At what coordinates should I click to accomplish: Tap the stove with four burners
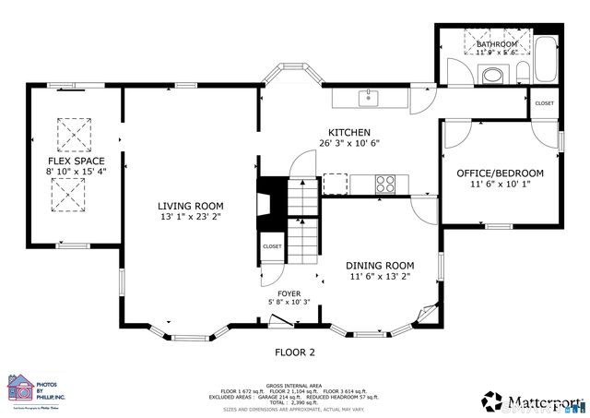[x=386, y=184]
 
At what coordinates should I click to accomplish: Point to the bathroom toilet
[x=523, y=74]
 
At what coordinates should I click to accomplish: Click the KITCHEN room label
[x=349, y=132]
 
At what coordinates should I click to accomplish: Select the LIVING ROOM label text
[x=190, y=206]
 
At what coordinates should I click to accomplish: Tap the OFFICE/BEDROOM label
[x=501, y=173]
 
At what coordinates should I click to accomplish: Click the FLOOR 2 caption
[x=295, y=352]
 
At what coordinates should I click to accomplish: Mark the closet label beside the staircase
[x=272, y=246]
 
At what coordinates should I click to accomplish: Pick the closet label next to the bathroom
[x=544, y=103]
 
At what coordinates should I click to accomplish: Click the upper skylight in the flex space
[x=70, y=135]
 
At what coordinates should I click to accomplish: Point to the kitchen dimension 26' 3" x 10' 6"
[x=349, y=143]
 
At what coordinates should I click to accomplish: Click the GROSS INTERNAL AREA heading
[x=294, y=385]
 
